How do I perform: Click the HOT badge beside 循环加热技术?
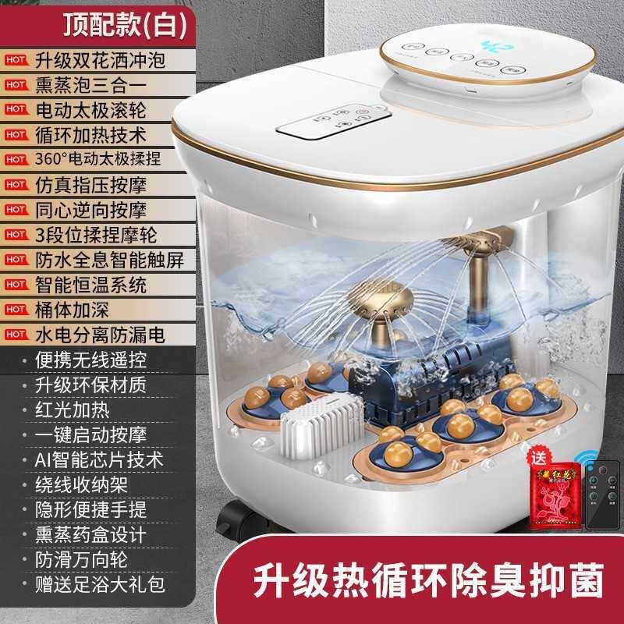(x=15, y=135)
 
